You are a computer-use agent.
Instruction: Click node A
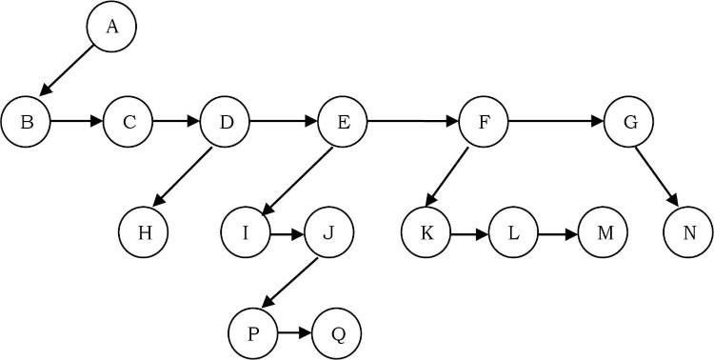(x=111, y=28)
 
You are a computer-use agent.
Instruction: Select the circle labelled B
(x=26, y=123)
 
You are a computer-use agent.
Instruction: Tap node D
(x=225, y=123)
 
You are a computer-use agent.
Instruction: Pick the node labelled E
(x=343, y=123)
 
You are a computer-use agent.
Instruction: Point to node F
(x=484, y=123)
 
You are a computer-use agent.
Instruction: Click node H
(x=145, y=232)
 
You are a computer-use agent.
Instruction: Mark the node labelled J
(x=328, y=232)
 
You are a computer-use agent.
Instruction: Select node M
(x=604, y=232)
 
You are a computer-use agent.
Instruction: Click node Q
(x=337, y=333)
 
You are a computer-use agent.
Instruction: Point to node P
(x=252, y=333)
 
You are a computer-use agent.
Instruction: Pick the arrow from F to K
(x=447, y=176)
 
